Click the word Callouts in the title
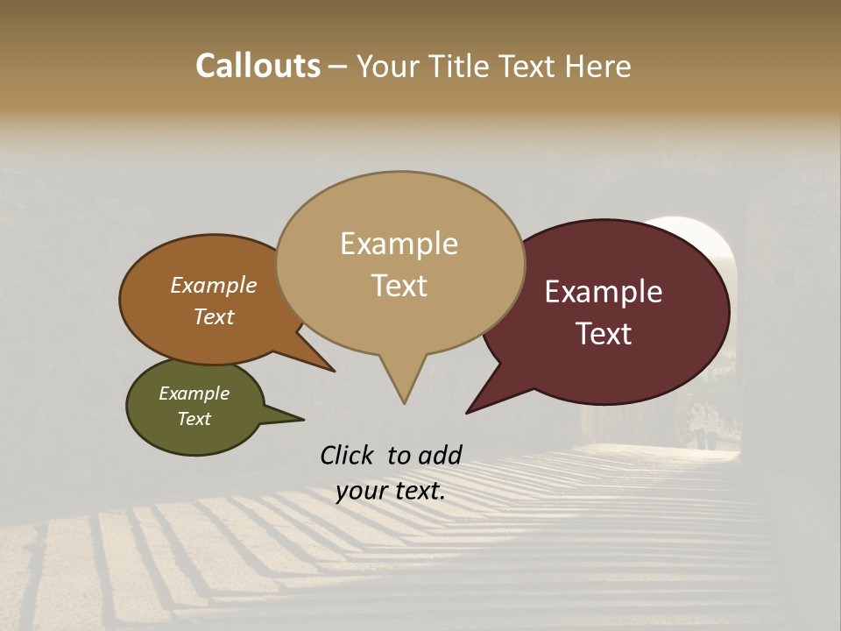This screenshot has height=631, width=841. click(x=258, y=66)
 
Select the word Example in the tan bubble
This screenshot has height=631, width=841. click(x=399, y=244)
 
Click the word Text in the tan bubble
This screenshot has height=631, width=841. click(x=399, y=286)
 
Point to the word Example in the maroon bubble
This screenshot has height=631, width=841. click(x=604, y=292)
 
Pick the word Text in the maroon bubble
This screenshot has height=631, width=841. click(x=604, y=334)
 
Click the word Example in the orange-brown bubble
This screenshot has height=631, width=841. click(x=213, y=285)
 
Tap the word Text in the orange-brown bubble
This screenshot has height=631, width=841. click(x=214, y=316)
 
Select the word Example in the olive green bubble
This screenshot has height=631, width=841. click(x=194, y=393)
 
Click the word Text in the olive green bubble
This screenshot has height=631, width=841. click(x=194, y=419)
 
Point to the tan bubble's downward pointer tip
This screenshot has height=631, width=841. click(x=404, y=402)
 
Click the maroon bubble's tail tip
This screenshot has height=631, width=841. click(x=468, y=412)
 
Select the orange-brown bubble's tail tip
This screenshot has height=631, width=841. click(x=333, y=371)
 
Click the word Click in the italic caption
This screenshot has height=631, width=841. click(x=349, y=455)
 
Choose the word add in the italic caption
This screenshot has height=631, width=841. click(x=440, y=455)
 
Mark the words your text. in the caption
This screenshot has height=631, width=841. click(x=391, y=491)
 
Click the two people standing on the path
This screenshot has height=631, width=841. click(x=704, y=426)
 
